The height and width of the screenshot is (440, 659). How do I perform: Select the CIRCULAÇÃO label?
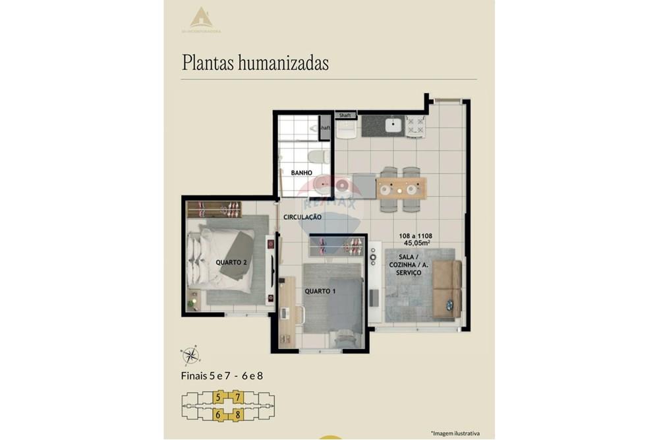click(302, 217)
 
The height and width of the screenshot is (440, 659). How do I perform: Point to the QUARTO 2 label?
click(231, 262)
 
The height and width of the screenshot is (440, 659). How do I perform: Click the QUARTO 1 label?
click(320, 291)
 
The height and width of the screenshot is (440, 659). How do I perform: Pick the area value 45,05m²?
click(416, 243)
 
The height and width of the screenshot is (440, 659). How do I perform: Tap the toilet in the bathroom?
click(318, 158)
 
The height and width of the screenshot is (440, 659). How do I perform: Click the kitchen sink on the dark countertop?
click(393, 125)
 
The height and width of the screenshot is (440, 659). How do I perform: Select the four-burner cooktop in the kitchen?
click(415, 125)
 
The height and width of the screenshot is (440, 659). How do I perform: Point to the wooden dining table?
click(401, 188)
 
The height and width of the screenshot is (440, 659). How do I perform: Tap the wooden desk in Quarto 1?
click(287, 310)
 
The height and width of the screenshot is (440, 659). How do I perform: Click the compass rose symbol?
click(190, 355)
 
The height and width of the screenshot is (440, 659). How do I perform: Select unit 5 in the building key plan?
click(218, 397)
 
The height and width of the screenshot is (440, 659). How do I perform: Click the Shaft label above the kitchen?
click(345, 115)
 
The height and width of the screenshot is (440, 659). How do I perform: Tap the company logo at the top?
click(202, 18)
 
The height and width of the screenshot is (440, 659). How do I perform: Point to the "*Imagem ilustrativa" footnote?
click(454, 433)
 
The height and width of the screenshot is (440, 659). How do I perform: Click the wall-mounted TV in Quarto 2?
click(273, 265)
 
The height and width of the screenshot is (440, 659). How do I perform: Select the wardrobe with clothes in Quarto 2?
click(214, 210)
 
